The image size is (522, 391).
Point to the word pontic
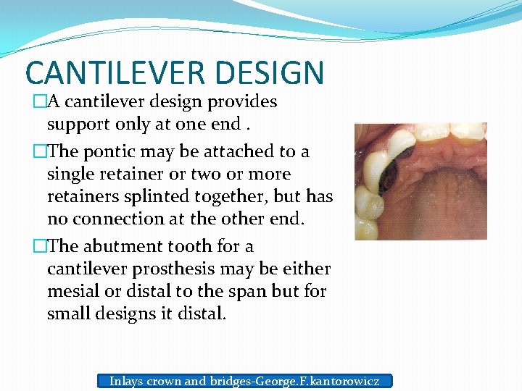107,152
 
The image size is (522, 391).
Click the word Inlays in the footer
126,381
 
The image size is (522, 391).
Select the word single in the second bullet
68,175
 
